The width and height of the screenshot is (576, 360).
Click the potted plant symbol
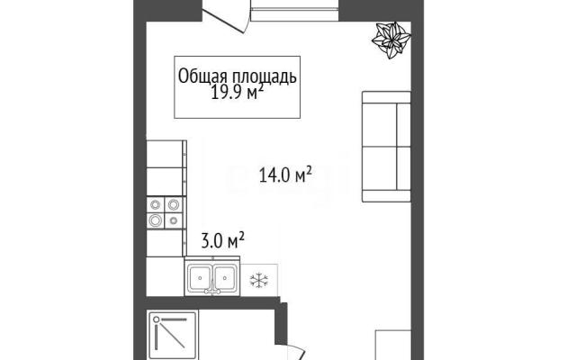point(391,40)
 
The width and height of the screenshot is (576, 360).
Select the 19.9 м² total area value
point(237,93)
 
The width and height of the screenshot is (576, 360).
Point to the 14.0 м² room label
point(285,175)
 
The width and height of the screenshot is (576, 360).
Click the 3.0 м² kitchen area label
point(222,240)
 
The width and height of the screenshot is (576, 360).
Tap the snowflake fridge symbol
point(259,280)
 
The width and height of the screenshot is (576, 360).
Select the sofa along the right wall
point(386,147)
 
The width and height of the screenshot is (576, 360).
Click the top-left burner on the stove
point(156,204)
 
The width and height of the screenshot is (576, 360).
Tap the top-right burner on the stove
point(174,204)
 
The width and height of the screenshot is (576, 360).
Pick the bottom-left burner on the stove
point(156,220)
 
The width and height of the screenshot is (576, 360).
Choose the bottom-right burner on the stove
point(174,220)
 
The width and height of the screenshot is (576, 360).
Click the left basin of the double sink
point(200,278)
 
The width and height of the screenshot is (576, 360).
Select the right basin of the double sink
point(224,278)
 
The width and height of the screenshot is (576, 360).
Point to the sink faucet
point(212,288)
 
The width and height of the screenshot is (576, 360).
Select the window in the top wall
point(294,10)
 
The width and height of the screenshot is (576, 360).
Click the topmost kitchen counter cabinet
point(166,154)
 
